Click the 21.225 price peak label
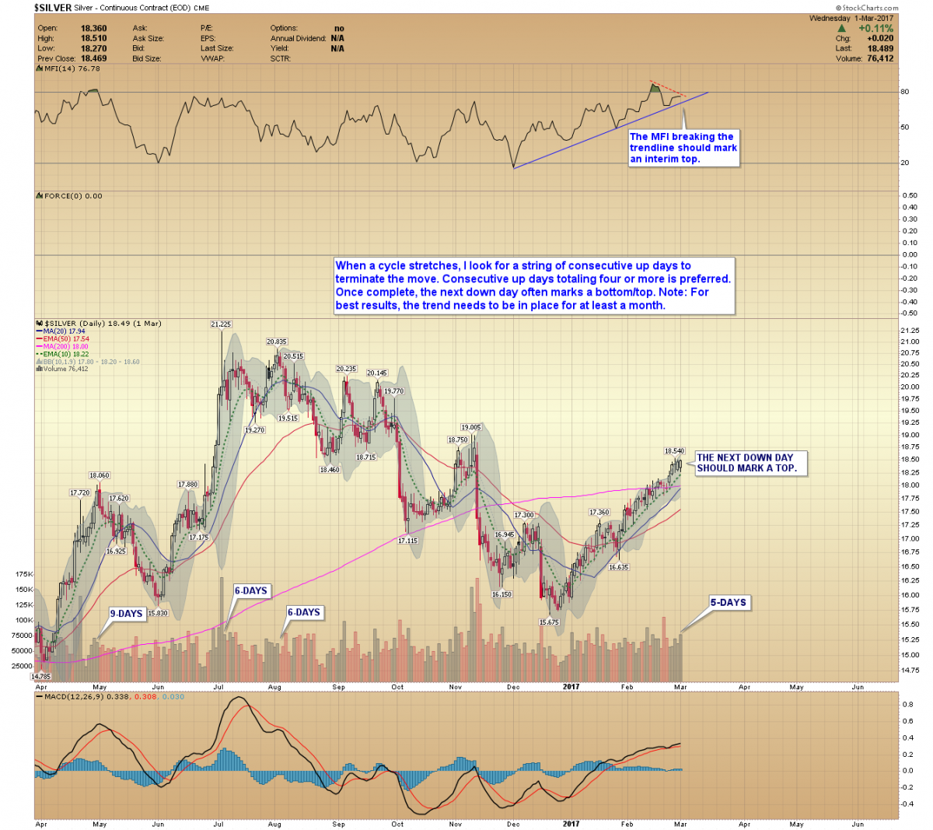click(221, 324)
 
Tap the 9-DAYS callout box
click(126, 614)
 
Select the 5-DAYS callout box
click(728, 602)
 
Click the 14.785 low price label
click(40, 677)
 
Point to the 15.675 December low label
click(549, 622)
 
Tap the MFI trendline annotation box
click(683, 148)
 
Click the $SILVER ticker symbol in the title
click(52, 8)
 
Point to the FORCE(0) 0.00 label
click(73, 196)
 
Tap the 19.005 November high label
click(470, 427)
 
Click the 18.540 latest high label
click(674, 450)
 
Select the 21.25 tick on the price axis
click(908, 331)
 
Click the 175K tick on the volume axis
click(24, 574)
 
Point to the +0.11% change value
click(875, 28)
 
